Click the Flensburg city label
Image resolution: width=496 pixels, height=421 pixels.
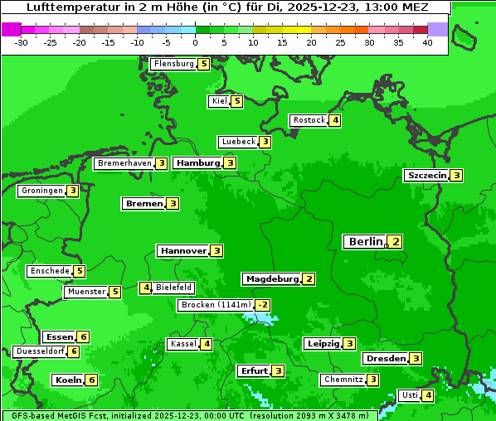tap(173, 63)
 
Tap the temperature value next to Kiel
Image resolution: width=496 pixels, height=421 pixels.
tap(237, 101)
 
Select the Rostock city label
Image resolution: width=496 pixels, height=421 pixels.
tap(309, 120)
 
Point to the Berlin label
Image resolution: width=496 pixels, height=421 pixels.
tap(365, 242)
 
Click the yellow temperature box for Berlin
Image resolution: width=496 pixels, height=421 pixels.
tap(396, 242)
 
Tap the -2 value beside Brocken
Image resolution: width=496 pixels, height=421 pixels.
tap(262, 305)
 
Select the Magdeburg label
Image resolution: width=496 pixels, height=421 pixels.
tap(271, 279)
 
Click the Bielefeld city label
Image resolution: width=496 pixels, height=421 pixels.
tap(174, 288)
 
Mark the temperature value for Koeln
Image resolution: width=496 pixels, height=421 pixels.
tap(91, 380)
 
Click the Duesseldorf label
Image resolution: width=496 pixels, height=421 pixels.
tap(40, 351)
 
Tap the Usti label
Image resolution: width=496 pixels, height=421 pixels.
tap(409, 395)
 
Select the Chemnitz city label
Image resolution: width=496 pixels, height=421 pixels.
tap(343, 380)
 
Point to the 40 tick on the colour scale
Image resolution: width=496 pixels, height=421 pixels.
tap(427, 42)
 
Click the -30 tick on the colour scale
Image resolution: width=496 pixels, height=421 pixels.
tap(22, 42)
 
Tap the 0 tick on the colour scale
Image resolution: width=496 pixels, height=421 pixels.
tap(195, 42)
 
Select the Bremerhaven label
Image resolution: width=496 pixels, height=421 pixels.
tap(124, 164)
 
